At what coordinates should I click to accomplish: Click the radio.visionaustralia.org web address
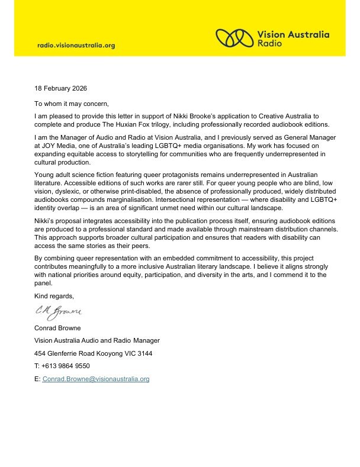pos(76,45)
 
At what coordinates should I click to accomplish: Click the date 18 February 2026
pos(60,89)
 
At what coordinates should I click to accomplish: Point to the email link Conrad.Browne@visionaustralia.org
pos(96,379)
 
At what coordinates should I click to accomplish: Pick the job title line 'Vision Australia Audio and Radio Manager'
pos(97,340)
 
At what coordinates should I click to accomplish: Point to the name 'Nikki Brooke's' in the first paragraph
pos(181,116)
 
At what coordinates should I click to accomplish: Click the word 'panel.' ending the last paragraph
pos(44,282)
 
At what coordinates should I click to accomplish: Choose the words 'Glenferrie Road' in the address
pos(72,353)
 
